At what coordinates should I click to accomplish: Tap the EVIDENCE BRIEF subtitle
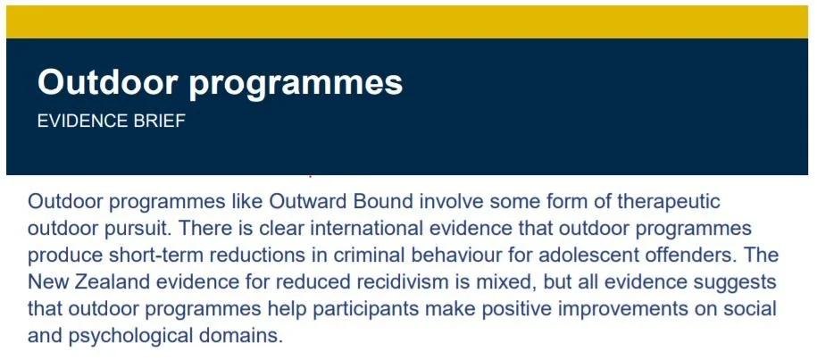[x=111, y=121]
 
